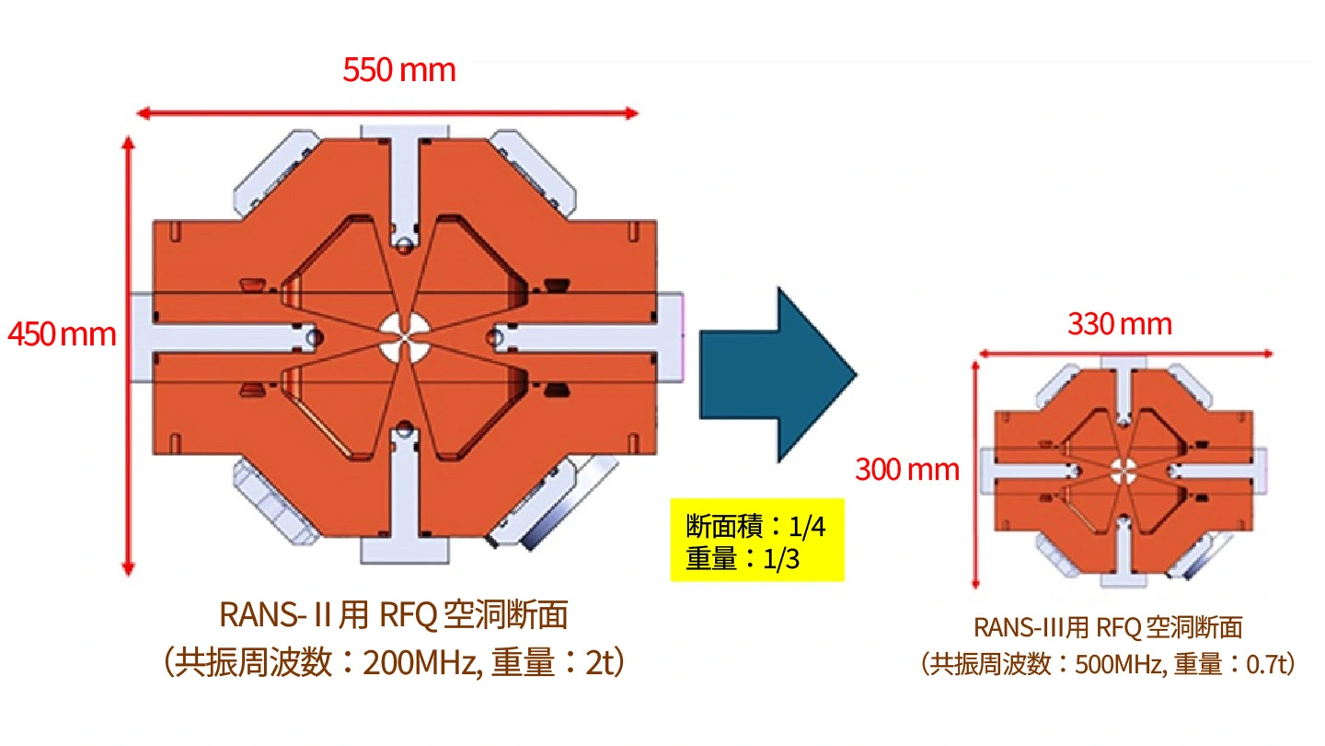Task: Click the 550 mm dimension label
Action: (x=399, y=70)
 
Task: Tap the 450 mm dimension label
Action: (x=63, y=334)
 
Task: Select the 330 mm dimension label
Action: (x=1120, y=324)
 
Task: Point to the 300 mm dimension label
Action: (x=907, y=470)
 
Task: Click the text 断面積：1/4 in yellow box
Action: (x=755, y=526)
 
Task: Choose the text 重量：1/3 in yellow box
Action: (x=743, y=558)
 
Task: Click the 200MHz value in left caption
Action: (x=420, y=663)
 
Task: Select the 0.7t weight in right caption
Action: (x=1266, y=664)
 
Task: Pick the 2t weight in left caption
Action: (x=599, y=663)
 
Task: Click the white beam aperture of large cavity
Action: (x=405, y=337)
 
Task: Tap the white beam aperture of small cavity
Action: (x=1123, y=472)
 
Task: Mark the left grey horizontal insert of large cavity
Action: (x=225, y=337)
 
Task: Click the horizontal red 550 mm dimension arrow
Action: (x=387, y=113)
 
